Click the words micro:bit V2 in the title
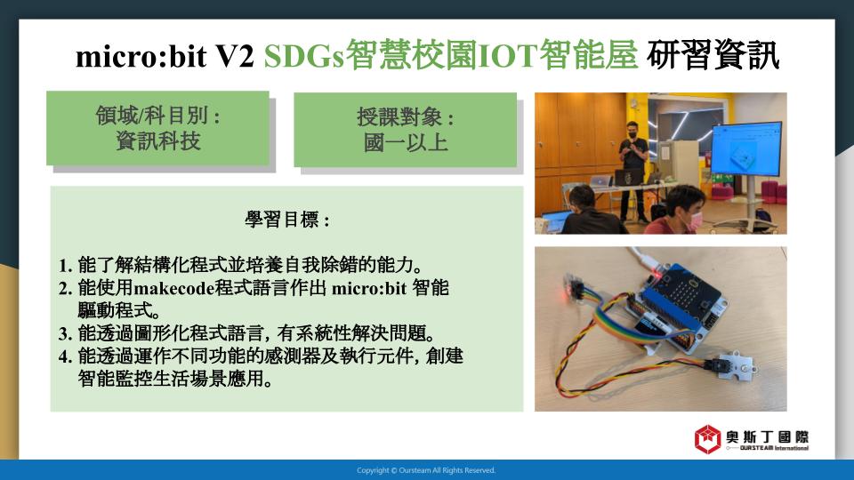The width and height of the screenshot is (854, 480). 165,56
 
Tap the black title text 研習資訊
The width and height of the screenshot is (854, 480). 713,55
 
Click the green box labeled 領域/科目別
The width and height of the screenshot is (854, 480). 158,128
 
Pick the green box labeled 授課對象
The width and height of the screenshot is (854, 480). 406,130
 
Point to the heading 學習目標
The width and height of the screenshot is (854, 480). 287,220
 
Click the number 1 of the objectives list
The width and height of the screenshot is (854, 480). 65,266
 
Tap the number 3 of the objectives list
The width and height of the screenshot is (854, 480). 65,333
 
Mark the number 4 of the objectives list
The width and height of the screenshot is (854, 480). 65,356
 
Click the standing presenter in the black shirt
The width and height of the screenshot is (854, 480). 633,169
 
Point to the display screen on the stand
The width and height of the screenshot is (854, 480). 746,149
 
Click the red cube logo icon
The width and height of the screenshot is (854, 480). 707,439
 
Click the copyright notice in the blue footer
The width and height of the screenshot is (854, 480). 426,470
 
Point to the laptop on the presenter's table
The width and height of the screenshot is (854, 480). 628,177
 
